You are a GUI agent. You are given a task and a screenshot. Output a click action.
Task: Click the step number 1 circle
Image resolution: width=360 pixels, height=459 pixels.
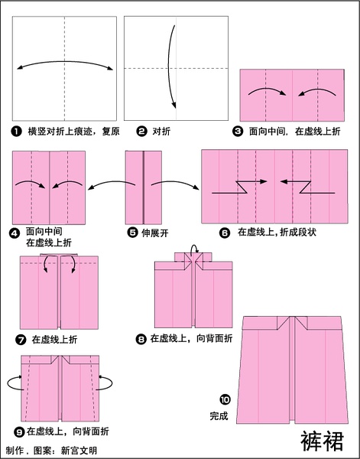point(17,132)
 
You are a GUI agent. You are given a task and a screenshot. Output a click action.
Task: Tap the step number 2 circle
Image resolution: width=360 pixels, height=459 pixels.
point(141,132)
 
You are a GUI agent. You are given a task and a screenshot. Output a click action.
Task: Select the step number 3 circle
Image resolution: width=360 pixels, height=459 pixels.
point(238,131)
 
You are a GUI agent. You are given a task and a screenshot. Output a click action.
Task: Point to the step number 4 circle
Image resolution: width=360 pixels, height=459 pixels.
point(15,233)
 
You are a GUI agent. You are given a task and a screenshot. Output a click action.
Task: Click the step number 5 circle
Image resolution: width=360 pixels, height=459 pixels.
point(132,233)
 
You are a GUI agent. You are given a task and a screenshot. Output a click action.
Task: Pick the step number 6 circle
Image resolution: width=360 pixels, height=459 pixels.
point(225,233)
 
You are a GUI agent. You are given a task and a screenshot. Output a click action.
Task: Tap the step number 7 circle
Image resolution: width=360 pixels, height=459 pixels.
point(21,340)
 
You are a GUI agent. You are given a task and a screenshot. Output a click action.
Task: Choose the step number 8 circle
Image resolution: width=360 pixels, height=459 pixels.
point(141,339)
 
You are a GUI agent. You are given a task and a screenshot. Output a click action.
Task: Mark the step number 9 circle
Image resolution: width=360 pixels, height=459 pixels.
point(19,431)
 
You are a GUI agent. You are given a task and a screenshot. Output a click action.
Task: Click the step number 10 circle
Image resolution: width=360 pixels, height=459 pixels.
point(225,399)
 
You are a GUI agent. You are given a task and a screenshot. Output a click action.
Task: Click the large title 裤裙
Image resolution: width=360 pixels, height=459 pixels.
point(323,441)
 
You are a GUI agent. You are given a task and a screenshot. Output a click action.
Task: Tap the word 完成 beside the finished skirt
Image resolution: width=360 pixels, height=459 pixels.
point(219,416)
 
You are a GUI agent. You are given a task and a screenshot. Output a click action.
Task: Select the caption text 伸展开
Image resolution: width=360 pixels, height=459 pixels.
point(155,233)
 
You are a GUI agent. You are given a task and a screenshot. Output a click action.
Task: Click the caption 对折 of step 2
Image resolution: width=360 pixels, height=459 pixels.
point(161,132)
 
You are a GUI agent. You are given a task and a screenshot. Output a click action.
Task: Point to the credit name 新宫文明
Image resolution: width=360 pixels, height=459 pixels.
point(79,451)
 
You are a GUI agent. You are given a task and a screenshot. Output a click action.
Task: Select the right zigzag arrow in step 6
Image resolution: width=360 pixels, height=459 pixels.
point(307,187)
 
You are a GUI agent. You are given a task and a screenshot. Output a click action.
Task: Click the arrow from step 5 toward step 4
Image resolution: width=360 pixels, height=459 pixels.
point(111,184)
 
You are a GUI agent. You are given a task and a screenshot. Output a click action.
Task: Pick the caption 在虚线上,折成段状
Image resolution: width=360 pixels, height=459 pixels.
point(277,233)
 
